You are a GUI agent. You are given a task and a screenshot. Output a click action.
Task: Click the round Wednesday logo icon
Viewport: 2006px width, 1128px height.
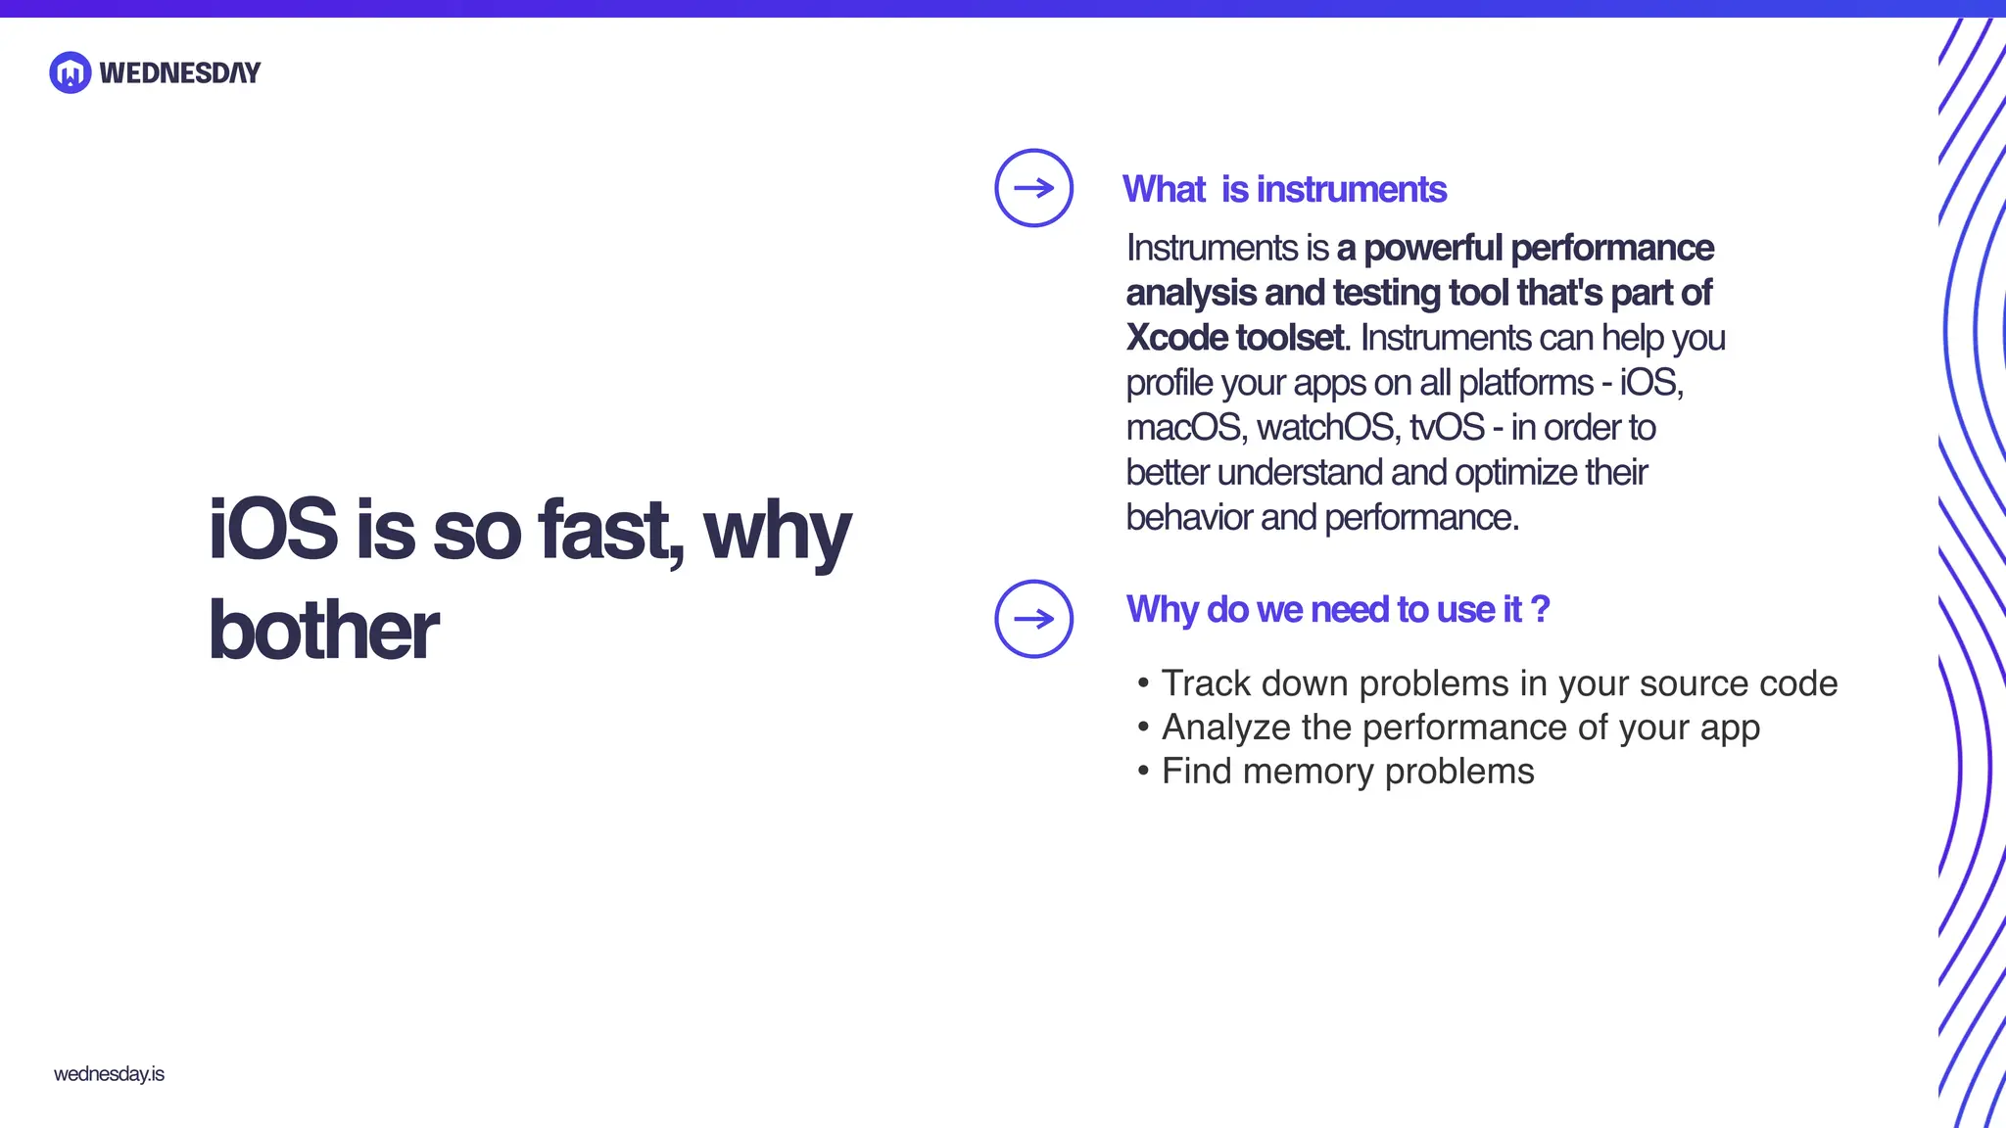tap(70, 72)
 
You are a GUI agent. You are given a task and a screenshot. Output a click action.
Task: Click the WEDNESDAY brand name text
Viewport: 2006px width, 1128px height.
tap(180, 73)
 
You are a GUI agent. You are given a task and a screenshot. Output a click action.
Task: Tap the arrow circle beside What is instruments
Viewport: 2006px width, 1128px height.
tap(1033, 188)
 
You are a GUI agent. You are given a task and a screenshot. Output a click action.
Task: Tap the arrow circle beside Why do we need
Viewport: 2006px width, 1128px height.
tap(1033, 619)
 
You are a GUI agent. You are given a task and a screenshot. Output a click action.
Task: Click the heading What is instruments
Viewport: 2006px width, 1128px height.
tap(1284, 189)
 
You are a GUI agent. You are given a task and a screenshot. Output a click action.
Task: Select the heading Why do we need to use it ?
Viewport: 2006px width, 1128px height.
tap(1337, 609)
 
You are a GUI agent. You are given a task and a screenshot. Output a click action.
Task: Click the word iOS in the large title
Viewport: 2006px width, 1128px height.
tap(273, 530)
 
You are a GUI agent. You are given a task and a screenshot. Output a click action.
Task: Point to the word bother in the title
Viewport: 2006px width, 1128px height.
tap(323, 631)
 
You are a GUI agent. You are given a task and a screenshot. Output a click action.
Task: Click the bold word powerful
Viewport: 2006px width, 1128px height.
tap(1433, 249)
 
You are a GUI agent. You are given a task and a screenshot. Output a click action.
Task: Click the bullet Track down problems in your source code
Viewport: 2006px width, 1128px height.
tap(1499, 683)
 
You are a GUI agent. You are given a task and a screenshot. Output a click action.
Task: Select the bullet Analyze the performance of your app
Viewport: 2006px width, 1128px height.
tap(1459, 728)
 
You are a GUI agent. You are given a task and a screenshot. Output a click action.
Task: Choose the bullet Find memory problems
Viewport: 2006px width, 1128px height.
tap(1347, 772)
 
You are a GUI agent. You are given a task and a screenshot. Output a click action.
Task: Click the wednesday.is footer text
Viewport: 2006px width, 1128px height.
tap(109, 1074)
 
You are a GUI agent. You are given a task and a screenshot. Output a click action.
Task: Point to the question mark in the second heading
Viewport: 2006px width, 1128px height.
tap(1540, 609)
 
